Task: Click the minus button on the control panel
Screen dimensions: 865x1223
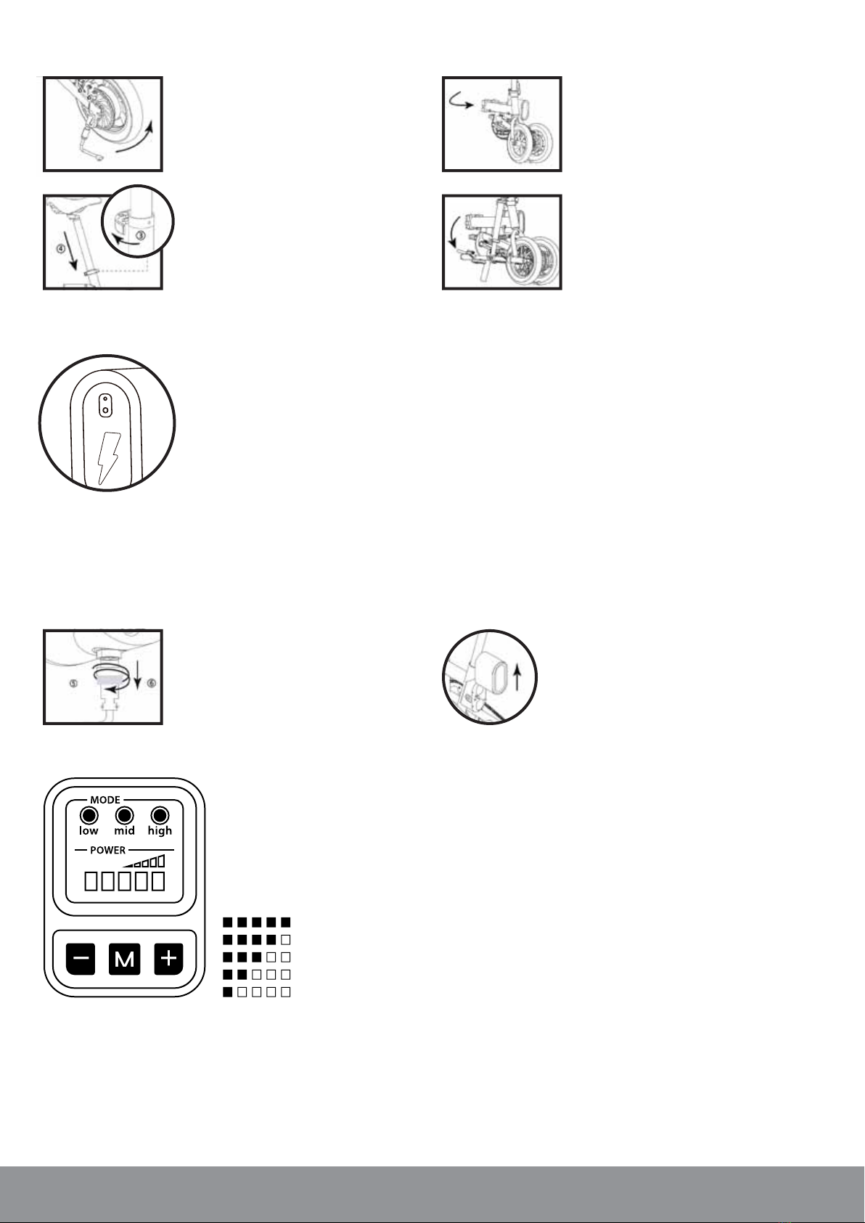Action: pos(81,959)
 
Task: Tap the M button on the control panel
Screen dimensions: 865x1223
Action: pos(124,959)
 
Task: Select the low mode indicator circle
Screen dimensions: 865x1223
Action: pos(89,816)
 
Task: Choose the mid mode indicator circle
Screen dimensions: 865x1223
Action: pos(124,816)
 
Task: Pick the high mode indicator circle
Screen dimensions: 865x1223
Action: pos(160,816)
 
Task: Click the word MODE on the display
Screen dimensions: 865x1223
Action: pos(105,800)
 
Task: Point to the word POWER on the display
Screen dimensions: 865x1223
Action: pos(107,850)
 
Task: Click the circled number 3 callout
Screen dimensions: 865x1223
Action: pos(141,237)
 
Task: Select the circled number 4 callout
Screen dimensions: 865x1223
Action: pos(61,249)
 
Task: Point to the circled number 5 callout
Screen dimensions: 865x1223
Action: pos(74,684)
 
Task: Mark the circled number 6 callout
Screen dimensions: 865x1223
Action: pos(152,683)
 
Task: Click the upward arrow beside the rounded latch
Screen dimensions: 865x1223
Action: pos(517,677)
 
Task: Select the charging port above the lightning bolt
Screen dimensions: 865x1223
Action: pos(104,405)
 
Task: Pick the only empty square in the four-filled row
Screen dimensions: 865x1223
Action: pos(285,940)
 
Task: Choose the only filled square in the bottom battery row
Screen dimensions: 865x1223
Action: pos(228,992)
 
